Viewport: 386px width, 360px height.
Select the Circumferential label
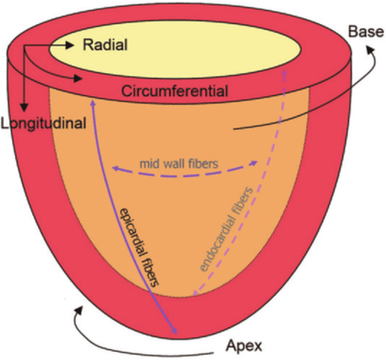pos(175,91)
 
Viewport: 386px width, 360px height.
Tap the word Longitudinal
pos(44,121)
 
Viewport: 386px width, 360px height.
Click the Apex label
pos(243,346)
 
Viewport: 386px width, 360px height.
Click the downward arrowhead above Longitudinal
pos(25,109)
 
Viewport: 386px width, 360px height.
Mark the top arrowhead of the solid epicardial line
pos(90,97)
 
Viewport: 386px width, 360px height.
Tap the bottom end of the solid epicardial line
pos(177,333)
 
